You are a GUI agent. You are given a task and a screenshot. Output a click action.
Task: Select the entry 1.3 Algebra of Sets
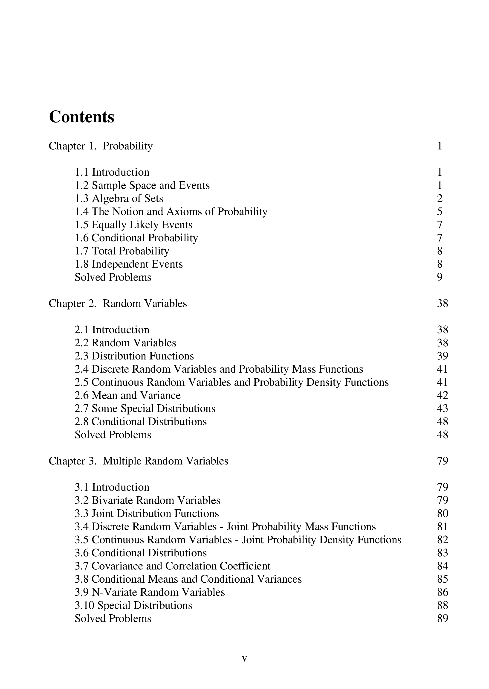pyautogui.click(x=119, y=199)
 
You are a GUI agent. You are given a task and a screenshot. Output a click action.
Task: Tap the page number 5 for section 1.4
pyautogui.click(x=440, y=212)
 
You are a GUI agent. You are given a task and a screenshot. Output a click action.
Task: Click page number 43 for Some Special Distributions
pyautogui.click(x=442, y=409)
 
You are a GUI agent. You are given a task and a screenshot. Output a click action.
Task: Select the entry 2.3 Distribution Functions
pyautogui.click(x=134, y=356)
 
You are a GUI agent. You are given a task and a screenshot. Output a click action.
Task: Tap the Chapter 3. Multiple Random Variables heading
pyautogui.click(x=139, y=461)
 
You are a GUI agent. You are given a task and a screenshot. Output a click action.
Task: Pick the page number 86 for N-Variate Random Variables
pyautogui.click(x=442, y=592)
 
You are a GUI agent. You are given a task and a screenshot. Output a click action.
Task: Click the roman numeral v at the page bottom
pyautogui.click(x=244, y=659)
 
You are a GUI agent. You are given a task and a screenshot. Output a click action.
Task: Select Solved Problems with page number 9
pyautogui.click(x=113, y=277)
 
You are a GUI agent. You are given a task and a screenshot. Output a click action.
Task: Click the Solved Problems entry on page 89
pyautogui.click(x=113, y=619)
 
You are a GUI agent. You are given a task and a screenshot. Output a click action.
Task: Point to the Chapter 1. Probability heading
pyautogui.click(x=101, y=146)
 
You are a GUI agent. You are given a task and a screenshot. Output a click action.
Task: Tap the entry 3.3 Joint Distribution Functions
pyautogui.click(x=147, y=514)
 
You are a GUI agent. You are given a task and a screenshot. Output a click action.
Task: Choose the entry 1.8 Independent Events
pyautogui.click(x=129, y=264)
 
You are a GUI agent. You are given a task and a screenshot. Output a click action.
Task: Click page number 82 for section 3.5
pyautogui.click(x=442, y=540)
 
